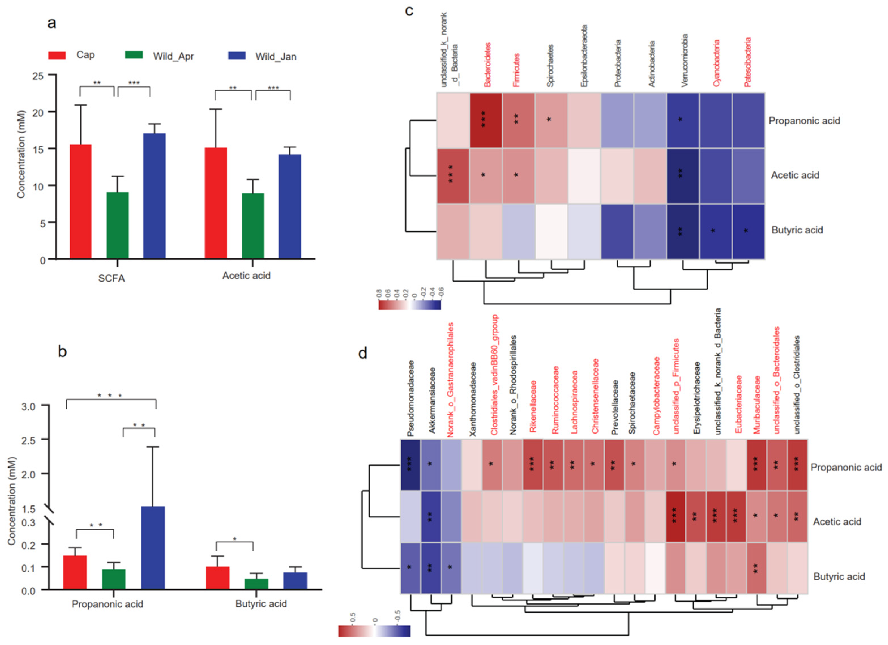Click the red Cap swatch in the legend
point(57,55)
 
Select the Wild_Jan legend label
point(276,57)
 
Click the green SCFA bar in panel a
point(117,225)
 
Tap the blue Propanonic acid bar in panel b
point(153,548)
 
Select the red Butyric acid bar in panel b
point(217,578)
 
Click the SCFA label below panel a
point(111,278)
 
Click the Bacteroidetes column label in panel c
point(487,65)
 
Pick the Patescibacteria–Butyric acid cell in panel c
point(748,231)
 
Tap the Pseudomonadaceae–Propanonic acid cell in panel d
point(410,464)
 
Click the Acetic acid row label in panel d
point(837,522)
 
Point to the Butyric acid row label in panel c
point(797,230)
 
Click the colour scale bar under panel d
point(374,631)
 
